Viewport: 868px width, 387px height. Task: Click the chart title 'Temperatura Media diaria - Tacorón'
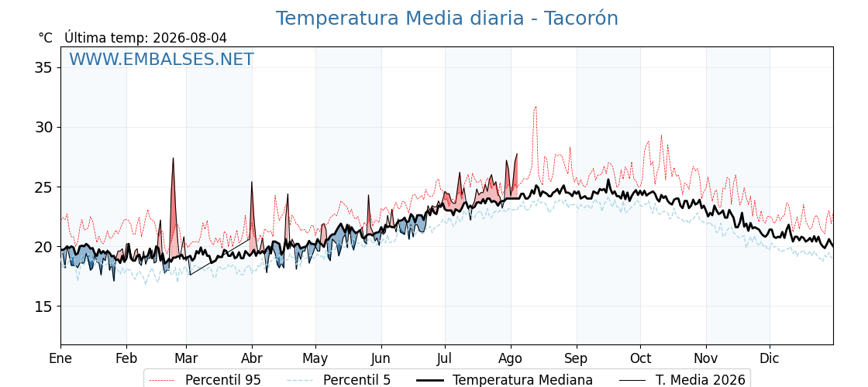point(446,19)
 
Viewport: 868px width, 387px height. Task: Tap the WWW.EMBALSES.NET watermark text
point(162,59)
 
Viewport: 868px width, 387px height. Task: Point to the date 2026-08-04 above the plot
point(190,38)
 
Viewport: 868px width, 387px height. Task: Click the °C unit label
point(46,38)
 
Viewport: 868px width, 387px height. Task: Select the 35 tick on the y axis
point(43,68)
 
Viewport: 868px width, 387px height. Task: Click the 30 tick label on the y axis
point(43,128)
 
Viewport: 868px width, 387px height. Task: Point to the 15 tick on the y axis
point(43,307)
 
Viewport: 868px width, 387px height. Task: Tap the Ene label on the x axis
point(60,358)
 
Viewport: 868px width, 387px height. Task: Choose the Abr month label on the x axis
point(252,358)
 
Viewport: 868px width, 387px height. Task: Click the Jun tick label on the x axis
point(381,358)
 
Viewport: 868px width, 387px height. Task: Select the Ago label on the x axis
point(511,358)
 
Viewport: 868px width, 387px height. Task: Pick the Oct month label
point(640,358)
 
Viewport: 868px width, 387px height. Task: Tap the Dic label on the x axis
point(770,358)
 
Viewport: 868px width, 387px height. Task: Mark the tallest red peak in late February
point(174,159)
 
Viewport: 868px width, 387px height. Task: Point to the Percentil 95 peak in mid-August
point(536,107)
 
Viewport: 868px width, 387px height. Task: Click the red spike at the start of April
point(251,183)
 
